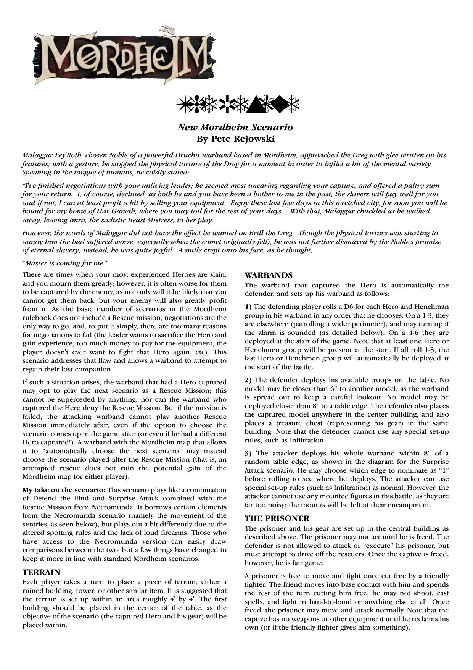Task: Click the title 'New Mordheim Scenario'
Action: click(x=235, y=127)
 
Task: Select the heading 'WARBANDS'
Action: click(x=269, y=275)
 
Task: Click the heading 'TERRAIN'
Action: click(x=41, y=572)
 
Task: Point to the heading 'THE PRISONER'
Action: click(x=277, y=518)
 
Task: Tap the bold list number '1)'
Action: click(x=248, y=307)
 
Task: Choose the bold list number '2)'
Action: click(x=248, y=380)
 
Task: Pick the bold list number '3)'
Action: click(x=248, y=453)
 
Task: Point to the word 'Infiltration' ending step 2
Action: click(x=307, y=440)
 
